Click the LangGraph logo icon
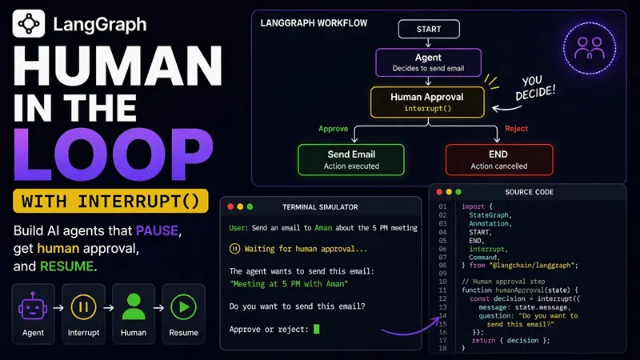[29, 24]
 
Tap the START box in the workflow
[429, 29]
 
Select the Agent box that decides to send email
[428, 62]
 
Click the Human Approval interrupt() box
[427, 102]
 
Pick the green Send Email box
[351, 159]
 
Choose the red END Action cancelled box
[498, 159]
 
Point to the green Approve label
[333, 129]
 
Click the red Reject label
[516, 129]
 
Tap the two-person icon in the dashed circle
[590, 48]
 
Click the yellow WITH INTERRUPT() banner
[110, 201]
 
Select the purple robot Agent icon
[33, 306]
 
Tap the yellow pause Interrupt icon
[83, 306]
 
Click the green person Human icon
[134, 306]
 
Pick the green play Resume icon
[184, 306]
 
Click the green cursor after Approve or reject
[316, 329]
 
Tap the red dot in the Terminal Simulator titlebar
[230, 207]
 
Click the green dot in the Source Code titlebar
[458, 192]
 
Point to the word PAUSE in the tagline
[157, 230]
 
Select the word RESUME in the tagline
[67, 266]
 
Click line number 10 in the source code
[442, 282]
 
